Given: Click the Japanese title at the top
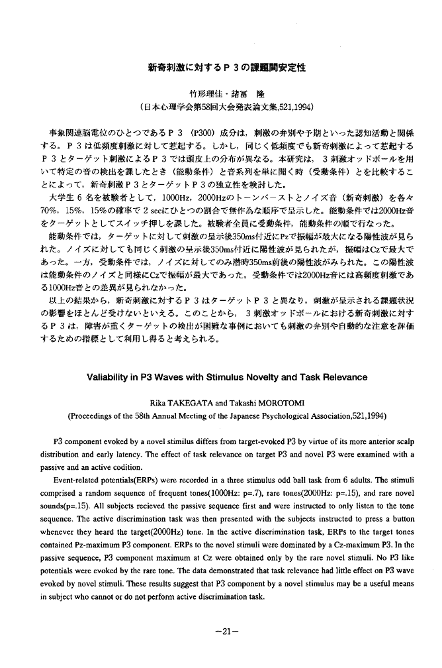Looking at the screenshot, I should [220, 67].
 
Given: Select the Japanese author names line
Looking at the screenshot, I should [220, 93].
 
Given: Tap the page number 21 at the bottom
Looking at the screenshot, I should [221, 631].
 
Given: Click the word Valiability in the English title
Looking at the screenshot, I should [110, 377].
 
